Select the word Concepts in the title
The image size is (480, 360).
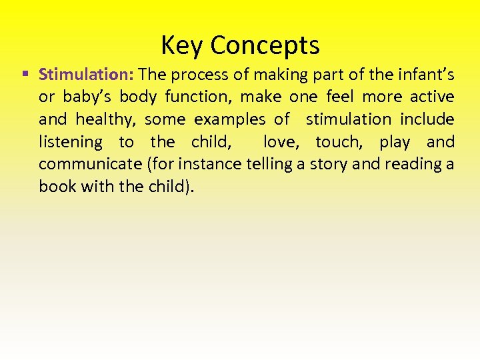pyautogui.click(x=265, y=45)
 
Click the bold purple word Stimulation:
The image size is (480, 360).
pyautogui.click(x=87, y=74)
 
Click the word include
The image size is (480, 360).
pyautogui.click(x=427, y=119)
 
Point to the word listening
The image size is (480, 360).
pyautogui.click(x=71, y=142)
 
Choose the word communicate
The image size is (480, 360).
pyautogui.click(x=90, y=164)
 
